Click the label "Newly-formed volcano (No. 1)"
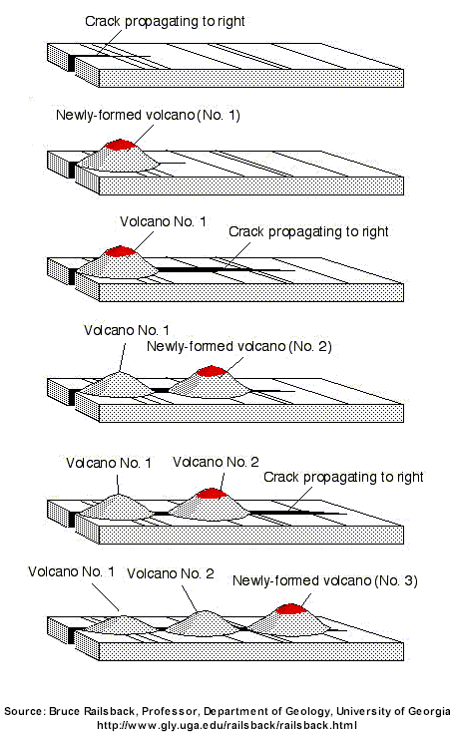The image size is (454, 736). (148, 115)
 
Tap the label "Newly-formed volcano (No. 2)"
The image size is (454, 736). (238, 346)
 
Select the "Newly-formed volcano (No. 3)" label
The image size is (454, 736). (325, 580)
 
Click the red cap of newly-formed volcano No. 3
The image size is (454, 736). (290, 608)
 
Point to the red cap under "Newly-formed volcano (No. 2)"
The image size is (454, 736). (212, 371)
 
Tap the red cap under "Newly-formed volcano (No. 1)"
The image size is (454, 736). (121, 144)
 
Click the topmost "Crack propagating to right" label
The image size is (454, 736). (165, 22)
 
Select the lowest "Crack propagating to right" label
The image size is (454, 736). (343, 478)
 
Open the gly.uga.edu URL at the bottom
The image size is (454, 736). (227, 726)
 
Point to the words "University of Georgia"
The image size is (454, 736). (393, 711)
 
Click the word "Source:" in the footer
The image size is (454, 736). (24, 711)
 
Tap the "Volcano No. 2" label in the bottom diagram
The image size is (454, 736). (171, 573)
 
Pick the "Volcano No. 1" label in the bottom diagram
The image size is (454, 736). (71, 571)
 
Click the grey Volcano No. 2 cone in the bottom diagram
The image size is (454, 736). (203, 623)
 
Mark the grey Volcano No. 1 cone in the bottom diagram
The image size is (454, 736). (123, 624)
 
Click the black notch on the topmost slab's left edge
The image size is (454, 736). (72, 63)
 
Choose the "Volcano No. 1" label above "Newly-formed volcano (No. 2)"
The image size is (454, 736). (127, 330)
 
